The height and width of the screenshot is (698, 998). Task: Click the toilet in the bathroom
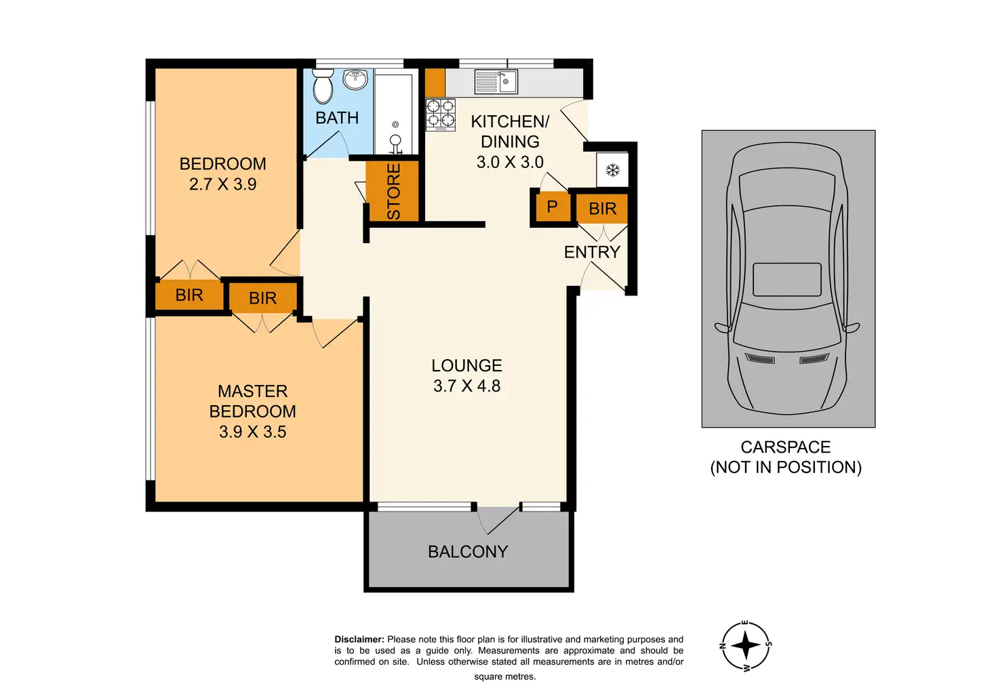(323, 86)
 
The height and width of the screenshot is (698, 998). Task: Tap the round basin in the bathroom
(355, 80)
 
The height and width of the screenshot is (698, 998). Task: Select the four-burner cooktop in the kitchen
(440, 115)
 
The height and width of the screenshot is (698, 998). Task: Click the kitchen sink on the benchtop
(496, 81)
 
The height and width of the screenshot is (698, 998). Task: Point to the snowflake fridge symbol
(613, 169)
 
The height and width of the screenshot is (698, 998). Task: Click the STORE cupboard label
(393, 192)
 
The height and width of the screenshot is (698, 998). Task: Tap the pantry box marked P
(553, 207)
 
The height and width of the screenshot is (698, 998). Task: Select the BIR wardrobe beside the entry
(602, 209)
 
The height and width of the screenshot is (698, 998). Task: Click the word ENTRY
(592, 252)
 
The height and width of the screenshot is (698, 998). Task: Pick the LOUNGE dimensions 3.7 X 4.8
(467, 386)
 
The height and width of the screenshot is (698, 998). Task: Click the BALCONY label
(468, 552)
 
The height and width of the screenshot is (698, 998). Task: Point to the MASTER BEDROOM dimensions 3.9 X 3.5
(253, 432)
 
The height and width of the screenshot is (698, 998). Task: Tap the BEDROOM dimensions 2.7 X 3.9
(223, 184)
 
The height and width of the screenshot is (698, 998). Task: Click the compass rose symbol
(746, 645)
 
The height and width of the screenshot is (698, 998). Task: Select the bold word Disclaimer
(359, 639)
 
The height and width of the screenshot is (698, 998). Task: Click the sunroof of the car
(787, 279)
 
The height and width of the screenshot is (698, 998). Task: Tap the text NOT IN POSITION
(786, 468)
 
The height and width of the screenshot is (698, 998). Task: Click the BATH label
(337, 118)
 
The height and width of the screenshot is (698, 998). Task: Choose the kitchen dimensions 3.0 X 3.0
(510, 162)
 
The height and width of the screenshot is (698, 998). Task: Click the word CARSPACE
(786, 447)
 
